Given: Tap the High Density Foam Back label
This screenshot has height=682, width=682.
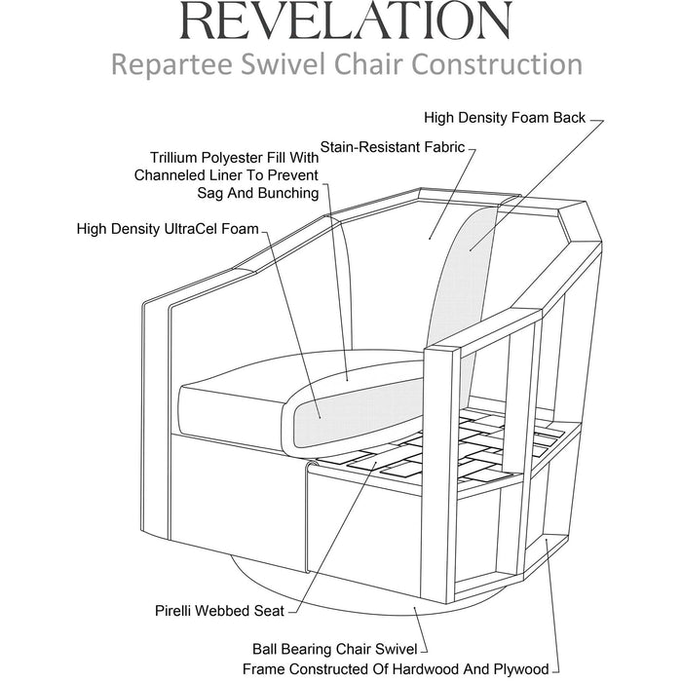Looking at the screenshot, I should [x=505, y=118].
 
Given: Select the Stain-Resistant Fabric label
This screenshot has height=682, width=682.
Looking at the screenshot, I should [x=403, y=149].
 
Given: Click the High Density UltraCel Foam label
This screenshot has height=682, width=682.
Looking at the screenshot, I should [x=167, y=229].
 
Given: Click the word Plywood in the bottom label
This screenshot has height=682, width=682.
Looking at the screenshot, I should [x=518, y=669].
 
